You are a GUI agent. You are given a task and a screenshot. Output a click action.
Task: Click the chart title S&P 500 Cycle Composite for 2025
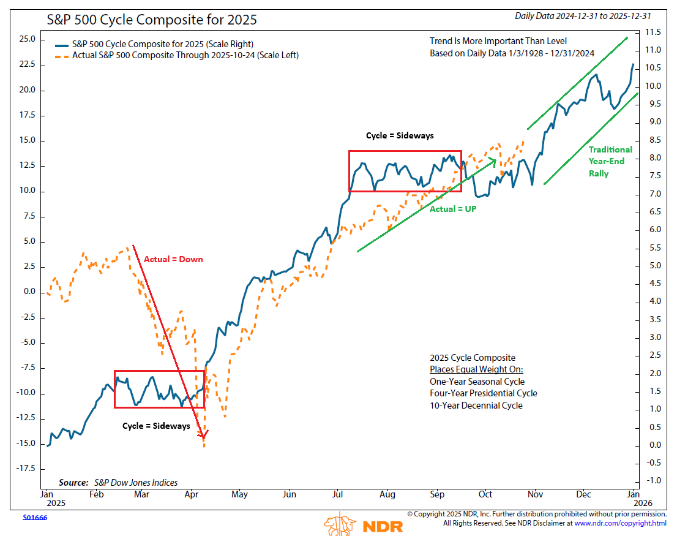(152, 20)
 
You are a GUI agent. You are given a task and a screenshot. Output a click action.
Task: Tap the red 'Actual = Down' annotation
(173, 259)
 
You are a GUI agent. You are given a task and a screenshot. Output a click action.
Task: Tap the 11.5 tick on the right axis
(653, 32)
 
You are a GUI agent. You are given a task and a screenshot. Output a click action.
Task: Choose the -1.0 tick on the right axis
(653, 480)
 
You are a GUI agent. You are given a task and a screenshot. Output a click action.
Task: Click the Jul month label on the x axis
(337, 494)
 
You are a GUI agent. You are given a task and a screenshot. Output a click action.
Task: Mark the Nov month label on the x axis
(535, 494)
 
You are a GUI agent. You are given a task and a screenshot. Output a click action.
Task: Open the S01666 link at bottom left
(35, 518)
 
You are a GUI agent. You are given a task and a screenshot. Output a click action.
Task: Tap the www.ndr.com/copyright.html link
(620, 523)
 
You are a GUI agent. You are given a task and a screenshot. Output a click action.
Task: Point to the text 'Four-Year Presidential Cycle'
(484, 393)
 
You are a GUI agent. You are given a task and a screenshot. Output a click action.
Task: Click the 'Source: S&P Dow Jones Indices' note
(118, 482)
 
